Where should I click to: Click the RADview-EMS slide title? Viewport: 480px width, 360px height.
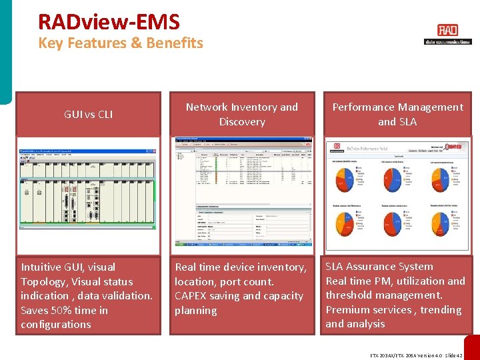click(x=109, y=22)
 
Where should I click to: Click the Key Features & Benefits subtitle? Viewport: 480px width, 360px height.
click(x=120, y=43)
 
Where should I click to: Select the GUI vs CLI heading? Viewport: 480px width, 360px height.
click(x=88, y=114)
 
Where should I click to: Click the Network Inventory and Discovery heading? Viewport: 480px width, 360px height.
click(x=242, y=114)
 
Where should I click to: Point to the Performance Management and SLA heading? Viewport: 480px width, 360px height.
click(x=397, y=114)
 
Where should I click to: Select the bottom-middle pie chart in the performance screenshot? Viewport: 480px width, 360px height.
click(x=395, y=220)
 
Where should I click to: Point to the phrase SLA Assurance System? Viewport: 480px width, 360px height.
click(x=379, y=267)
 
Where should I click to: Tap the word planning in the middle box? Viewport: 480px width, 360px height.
click(x=195, y=311)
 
